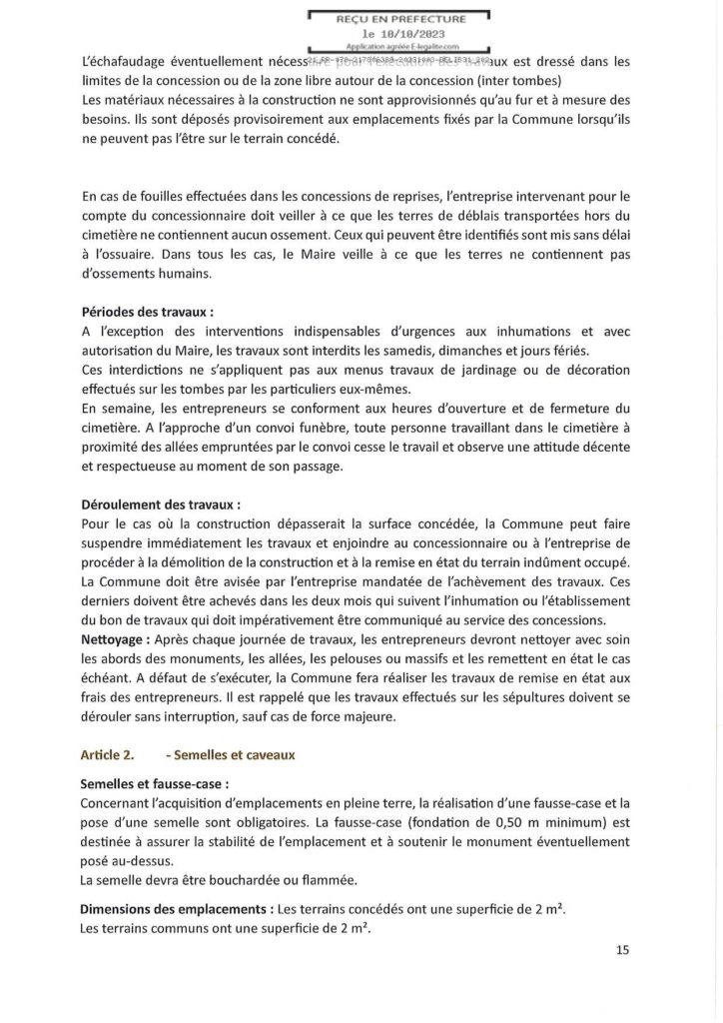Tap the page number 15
(622, 950)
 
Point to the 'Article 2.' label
(109, 755)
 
